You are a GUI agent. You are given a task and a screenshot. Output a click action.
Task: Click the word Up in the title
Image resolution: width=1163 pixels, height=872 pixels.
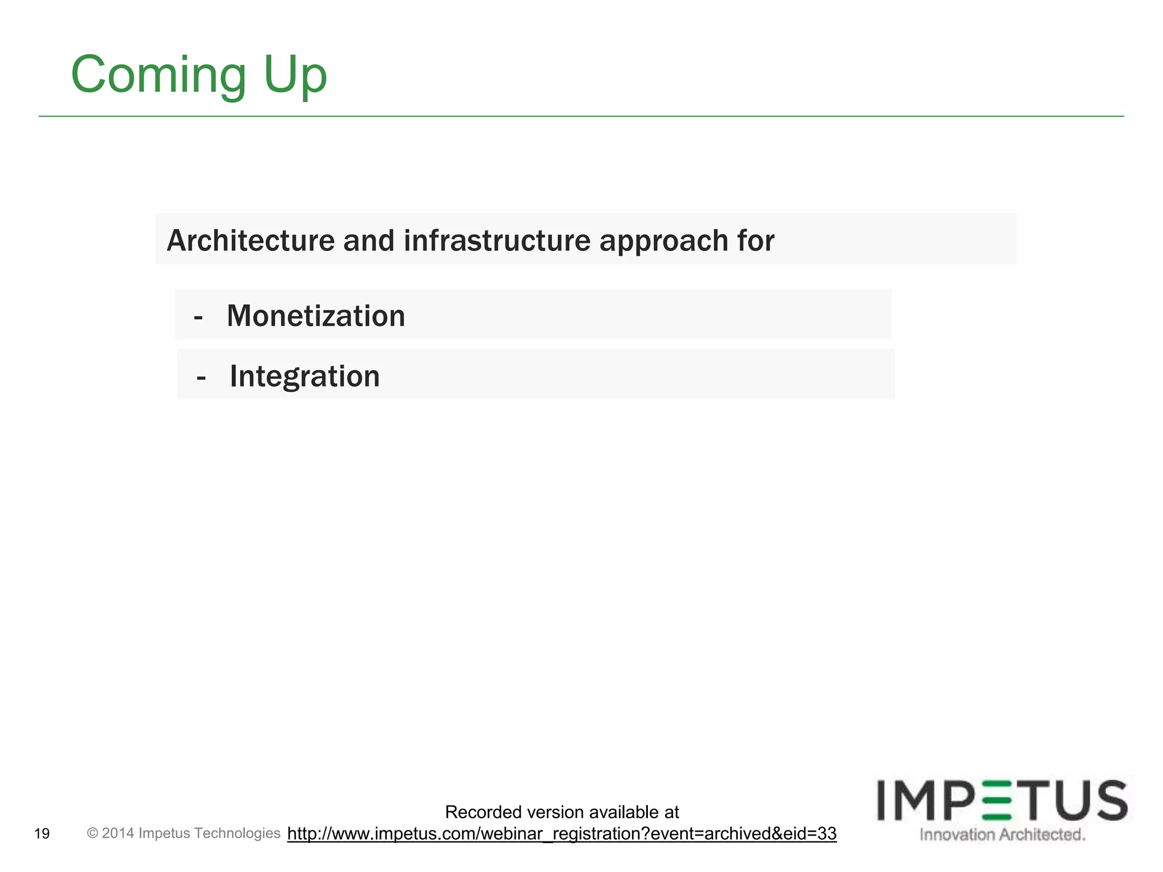(x=295, y=76)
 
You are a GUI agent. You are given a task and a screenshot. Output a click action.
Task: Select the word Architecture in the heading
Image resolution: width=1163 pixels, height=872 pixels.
(x=250, y=241)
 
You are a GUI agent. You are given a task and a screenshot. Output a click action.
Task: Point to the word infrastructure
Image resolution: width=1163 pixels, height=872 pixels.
(x=497, y=241)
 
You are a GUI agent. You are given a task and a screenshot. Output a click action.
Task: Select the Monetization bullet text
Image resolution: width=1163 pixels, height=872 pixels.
(x=316, y=316)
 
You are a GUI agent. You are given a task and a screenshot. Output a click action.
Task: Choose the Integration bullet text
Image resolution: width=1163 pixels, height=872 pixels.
(x=304, y=376)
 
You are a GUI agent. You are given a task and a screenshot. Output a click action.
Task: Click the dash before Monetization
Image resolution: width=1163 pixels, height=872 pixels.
(x=198, y=317)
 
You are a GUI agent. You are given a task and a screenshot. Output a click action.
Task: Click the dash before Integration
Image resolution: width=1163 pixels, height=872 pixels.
(x=200, y=377)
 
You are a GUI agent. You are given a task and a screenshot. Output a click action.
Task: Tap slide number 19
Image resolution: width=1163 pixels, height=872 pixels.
(x=42, y=833)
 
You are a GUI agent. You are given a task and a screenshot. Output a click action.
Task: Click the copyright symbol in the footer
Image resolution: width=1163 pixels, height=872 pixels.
(x=93, y=833)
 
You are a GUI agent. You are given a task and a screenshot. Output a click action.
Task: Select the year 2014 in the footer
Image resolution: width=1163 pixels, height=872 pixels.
(x=118, y=833)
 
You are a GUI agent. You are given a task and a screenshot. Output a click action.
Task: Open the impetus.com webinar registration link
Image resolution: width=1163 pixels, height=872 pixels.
(x=562, y=833)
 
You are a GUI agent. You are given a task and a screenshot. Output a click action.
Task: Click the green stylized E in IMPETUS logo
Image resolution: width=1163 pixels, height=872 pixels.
(x=997, y=800)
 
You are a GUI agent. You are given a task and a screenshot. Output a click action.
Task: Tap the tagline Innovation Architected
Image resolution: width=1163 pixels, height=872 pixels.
(x=1002, y=835)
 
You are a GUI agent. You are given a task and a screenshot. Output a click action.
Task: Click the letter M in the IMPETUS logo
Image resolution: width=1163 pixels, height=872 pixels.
(x=924, y=800)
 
